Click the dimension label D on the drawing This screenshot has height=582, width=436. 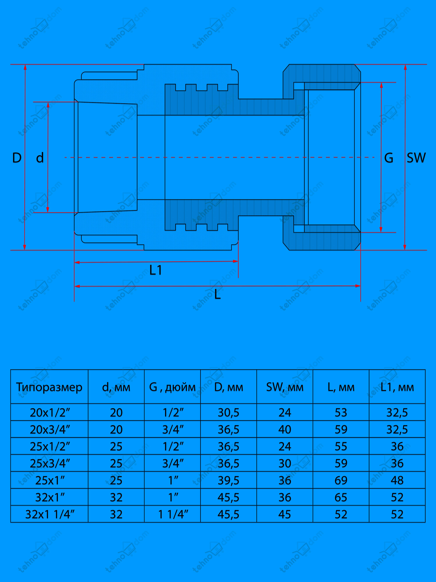pyautogui.click(x=17, y=158)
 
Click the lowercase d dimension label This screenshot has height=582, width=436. pyautogui.click(x=40, y=158)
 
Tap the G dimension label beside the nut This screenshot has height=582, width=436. pyautogui.click(x=389, y=158)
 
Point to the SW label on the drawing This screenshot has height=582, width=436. pyautogui.click(x=416, y=158)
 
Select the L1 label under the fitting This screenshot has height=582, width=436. pyautogui.click(x=156, y=270)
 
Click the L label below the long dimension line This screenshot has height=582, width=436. pyautogui.click(x=217, y=295)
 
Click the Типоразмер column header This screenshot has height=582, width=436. pyautogui.click(x=49, y=387)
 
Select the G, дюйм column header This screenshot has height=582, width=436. pyautogui.click(x=172, y=387)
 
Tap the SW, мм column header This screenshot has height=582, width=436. pyautogui.click(x=285, y=387)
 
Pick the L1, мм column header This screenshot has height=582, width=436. pyautogui.click(x=397, y=387)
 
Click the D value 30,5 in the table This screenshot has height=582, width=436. pyautogui.click(x=228, y=412)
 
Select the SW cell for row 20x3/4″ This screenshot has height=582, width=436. pyautogui.click(x=285, y=430)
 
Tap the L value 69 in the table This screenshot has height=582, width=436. pyautogui.click(x=341, y=480)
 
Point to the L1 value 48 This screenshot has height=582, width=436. pyautogui.click(x=397, y=480)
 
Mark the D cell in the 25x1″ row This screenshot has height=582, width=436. pyautogui.click(x=228, y=480)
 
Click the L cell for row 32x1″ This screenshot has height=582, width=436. pyautogui.click(x=341, y=498)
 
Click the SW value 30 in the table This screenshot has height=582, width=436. pyautogui.click(x=285, y=464)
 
